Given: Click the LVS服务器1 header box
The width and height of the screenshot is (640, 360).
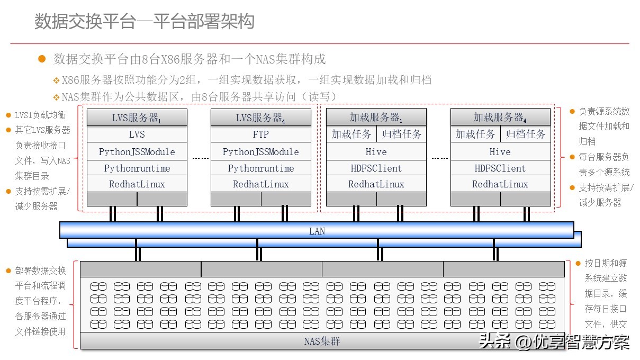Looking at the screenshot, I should (x=137, y=118).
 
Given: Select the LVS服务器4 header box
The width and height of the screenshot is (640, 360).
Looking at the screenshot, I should (x=260, y=118).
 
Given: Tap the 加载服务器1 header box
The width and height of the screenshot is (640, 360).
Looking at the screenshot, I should (x=376, y=118).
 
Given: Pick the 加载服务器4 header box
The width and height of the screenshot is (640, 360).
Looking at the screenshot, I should (x=500, y=118).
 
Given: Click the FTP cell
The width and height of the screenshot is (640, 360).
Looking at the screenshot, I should (x=260, y=134).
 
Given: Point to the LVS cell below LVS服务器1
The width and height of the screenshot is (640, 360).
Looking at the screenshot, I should (x=137, y=134).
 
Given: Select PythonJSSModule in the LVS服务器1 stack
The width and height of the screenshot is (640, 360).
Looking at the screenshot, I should (x=137, y=151).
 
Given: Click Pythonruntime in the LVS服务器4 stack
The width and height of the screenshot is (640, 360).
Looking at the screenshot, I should (x=260, y=168).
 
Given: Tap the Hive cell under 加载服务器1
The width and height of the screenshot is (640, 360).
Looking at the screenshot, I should (x=376, y=151).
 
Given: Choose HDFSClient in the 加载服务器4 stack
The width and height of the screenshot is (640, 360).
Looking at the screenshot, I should (x=500, y=168).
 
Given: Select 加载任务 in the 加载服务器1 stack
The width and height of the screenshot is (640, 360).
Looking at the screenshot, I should (x=351, y=134).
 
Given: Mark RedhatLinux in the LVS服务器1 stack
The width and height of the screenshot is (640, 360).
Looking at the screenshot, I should (x=137, y=184).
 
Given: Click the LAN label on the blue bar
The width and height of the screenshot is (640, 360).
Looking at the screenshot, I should (x=317, y=231).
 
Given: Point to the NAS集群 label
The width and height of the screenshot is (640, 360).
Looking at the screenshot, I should (x=322, y=341).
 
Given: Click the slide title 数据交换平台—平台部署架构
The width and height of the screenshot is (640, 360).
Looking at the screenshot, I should (x=145, y=22).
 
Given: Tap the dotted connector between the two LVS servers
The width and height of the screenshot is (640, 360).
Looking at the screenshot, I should (x=200, y=158).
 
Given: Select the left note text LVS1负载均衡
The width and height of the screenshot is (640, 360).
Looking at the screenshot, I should (x=40, y=115).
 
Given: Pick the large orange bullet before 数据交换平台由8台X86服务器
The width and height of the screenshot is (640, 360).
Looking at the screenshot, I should (x=42, y=59).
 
